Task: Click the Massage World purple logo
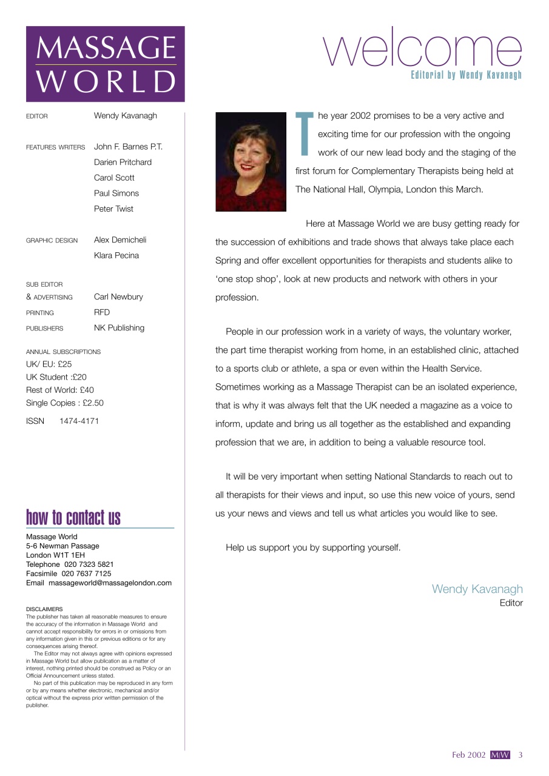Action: [105, 64]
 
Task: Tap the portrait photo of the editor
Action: [251, 162]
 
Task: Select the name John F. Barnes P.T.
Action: [128, 147]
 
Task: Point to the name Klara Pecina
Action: [116, 255]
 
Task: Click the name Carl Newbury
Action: [118, 297]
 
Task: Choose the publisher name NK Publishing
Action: [119, 328]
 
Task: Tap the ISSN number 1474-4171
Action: [79, 421]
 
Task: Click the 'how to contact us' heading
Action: [73, 518]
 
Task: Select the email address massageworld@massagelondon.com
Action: [110, 583]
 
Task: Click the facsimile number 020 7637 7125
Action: [86, 574]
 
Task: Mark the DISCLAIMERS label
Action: [44, 609]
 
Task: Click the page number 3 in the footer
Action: [520, 755]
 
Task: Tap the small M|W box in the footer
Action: [500, 755]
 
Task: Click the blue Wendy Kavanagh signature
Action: [477, 589]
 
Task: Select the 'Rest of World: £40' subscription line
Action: [60, 390]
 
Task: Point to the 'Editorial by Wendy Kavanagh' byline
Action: [466, 76]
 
